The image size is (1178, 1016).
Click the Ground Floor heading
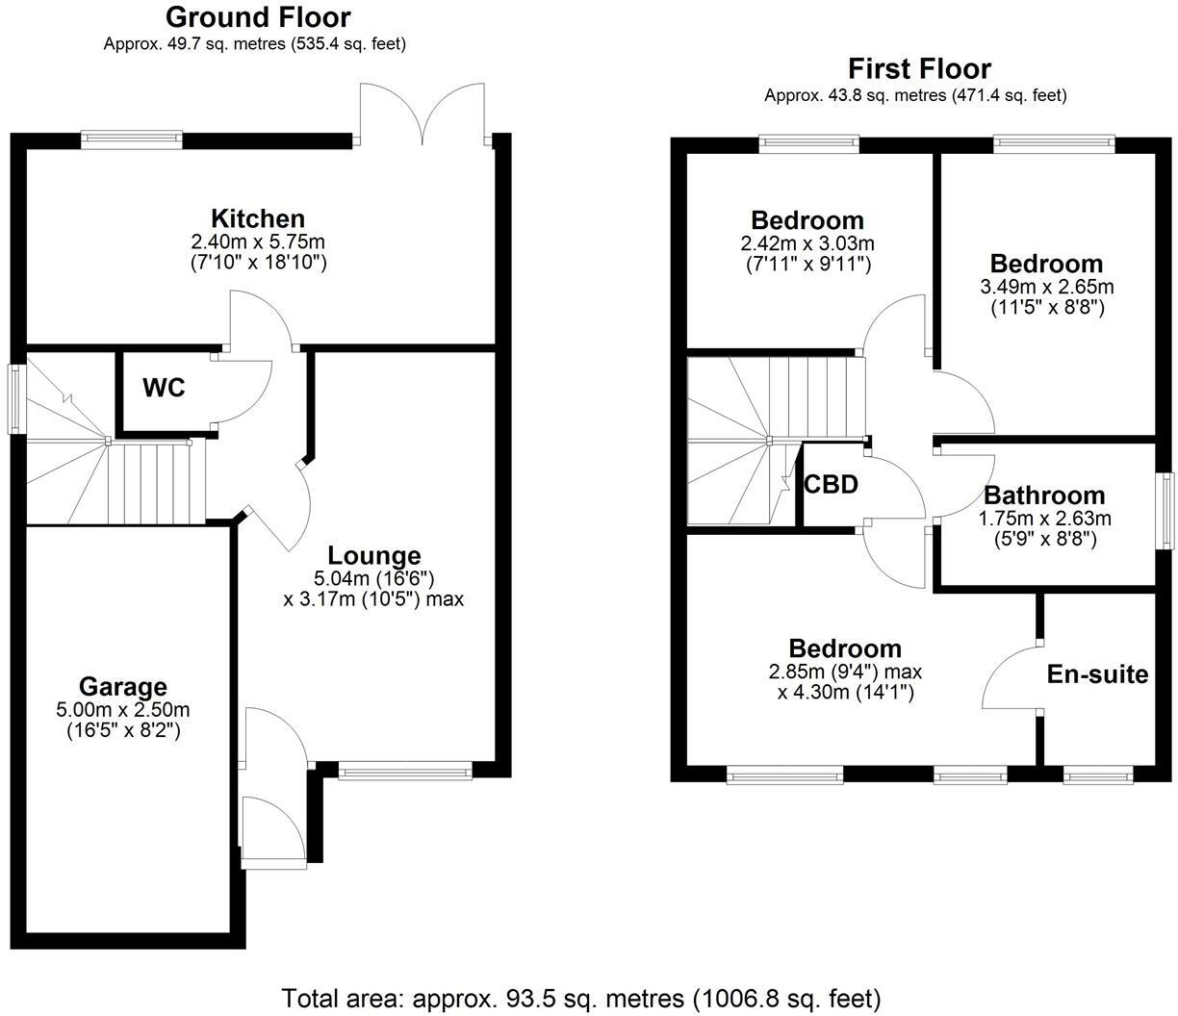tap(258, 17)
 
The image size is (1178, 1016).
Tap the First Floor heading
tap(918, 69)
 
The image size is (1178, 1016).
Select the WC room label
tap(164, 389)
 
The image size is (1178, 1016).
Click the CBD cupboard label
tap(831, 485)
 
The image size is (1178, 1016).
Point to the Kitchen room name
tap(258, 218)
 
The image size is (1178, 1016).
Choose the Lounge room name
tap(374, 555)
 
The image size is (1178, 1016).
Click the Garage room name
tap(122, 687)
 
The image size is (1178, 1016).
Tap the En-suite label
tap(1097, 674)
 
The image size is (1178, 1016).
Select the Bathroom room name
tap(1044, 496)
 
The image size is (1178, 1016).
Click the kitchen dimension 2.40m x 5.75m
tap(258, 241)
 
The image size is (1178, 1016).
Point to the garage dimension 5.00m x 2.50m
tap(122, 710)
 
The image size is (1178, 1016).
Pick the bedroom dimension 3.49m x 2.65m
tap(1046, 287)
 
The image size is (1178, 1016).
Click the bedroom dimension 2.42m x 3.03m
tap(807, 243)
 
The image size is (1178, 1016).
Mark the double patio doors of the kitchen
tap(423, 115)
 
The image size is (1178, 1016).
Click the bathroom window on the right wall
tap(1165, 511)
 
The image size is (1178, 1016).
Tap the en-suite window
tap(1097, 775)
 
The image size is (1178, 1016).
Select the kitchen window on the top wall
tap(132, 140)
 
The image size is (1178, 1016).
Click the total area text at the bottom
tap(580, 998)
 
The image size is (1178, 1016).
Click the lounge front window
tap(405, 770)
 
